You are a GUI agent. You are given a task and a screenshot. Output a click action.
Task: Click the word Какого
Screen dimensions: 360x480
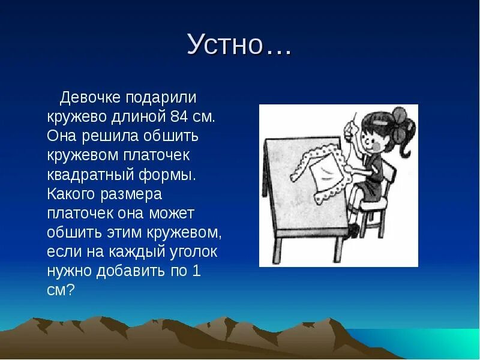point(71,195)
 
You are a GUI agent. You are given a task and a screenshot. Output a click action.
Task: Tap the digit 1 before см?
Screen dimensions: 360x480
point(196,271)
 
